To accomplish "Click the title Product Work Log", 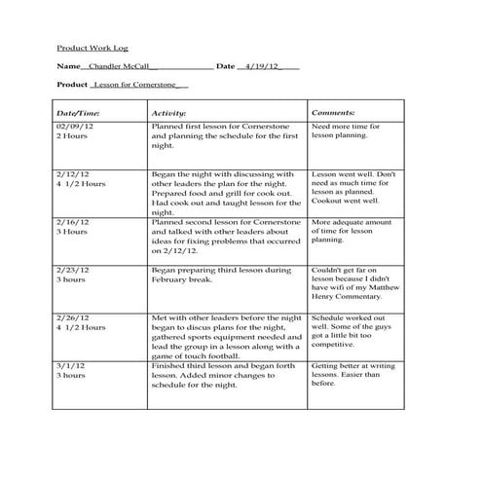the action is tap(92, 47).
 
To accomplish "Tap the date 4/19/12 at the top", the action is tap(260, 66).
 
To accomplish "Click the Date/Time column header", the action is tap(78, 113).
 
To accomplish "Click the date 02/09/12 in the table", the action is tap(75, 127).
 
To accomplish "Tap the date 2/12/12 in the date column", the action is tap(73, 172).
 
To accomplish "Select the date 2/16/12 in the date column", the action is tap(73, 222).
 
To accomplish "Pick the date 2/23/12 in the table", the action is tap(73, 269).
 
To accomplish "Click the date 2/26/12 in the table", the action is tap(73, 317).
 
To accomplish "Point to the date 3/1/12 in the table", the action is tap(70, 365).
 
